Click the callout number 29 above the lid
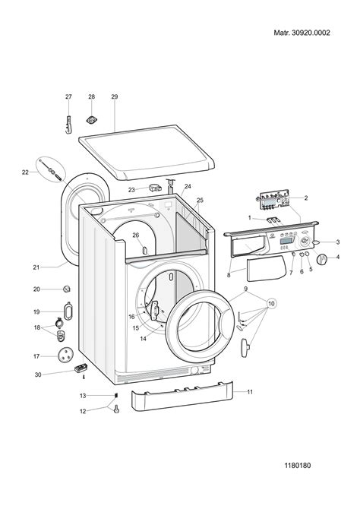(x=114, y=96)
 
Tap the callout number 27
(x=68, y=96)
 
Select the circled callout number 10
(x=271, y=304)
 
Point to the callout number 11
(x=250, y=392)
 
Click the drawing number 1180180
(x=298, y=465)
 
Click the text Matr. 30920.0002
(x=302, y=33)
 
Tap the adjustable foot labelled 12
(x=116, y=409)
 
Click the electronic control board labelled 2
(x=275, y=200)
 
